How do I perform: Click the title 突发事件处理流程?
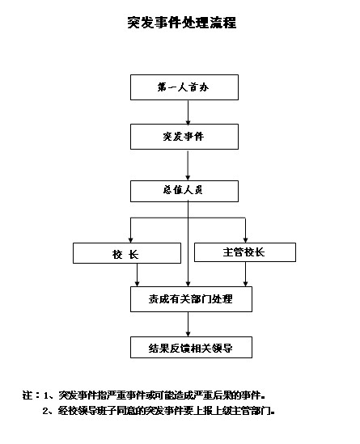coord(181,23)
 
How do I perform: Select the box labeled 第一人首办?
coord(184,87)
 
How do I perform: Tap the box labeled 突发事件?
coord(184,137)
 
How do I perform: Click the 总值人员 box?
coord(184,191)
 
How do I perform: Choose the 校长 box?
coord(127,253)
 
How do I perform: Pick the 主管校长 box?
coord(245,252)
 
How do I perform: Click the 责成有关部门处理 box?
coord(191,299)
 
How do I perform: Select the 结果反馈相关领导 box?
coord(191,347)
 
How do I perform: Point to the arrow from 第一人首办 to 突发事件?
coord(188,112)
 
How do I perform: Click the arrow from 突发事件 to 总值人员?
coord(188,165)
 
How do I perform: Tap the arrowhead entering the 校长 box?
coord(130,240)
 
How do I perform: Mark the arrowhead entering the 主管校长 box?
coord(246,240)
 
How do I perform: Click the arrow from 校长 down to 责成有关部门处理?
coord(137,275)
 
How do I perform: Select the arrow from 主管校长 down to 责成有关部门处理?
coord(246,274)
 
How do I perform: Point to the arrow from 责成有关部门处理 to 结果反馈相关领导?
coord(188,324)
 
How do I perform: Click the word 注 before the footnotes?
coord(28,395)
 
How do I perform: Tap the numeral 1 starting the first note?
coord(46,395)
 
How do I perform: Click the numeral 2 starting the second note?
coord(45,411)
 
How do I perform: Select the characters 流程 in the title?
coord(223,23)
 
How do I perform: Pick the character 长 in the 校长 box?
coord(133,254)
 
